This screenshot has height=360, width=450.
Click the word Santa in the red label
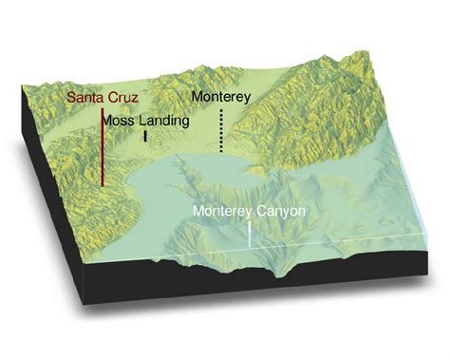84,97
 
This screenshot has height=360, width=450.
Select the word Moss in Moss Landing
119,122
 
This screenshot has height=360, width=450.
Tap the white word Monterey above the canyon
219,212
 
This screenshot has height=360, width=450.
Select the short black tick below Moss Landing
145,137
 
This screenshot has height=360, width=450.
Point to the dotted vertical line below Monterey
221,130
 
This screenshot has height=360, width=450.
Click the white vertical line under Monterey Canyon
250,234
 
